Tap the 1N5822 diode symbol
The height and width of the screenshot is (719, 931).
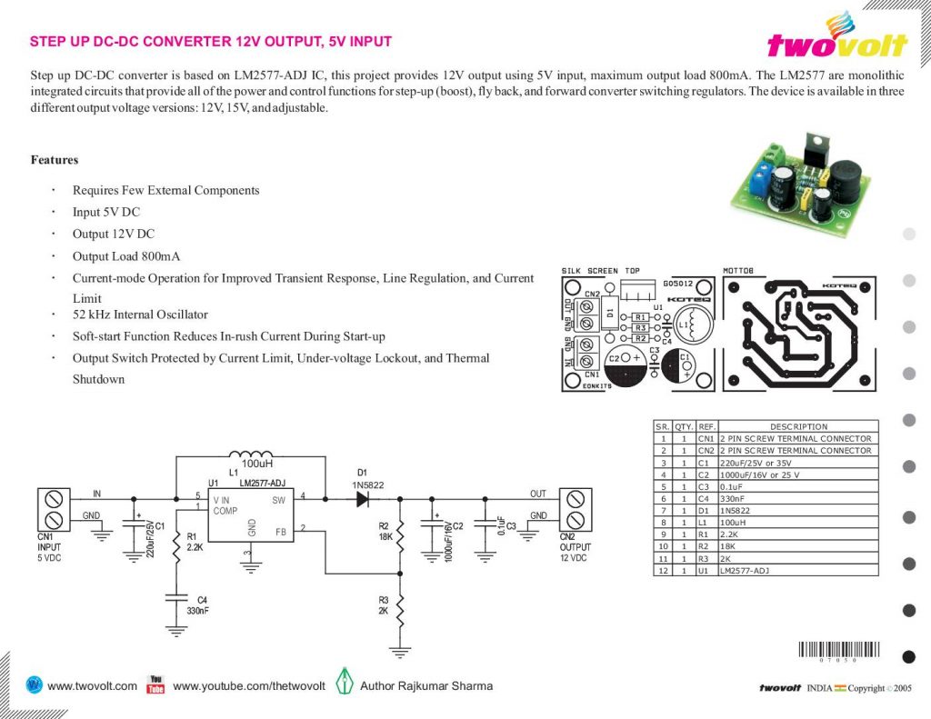click(363, 498)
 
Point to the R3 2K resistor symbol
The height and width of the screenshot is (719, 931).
click(400, 605)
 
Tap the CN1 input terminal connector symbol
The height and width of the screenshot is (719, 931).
click(53, 510)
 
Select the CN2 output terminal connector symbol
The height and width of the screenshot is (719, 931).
click(575, 510)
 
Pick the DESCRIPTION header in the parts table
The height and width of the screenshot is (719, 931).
click(798, 426)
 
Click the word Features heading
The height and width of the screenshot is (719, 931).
click(55, 160)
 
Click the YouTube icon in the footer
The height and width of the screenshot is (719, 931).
click(155, 684)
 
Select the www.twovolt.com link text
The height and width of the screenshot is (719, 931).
click(92, 686)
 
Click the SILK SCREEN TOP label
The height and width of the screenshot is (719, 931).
click(600, 271)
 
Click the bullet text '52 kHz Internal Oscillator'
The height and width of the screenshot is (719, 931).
click(140, 315)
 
